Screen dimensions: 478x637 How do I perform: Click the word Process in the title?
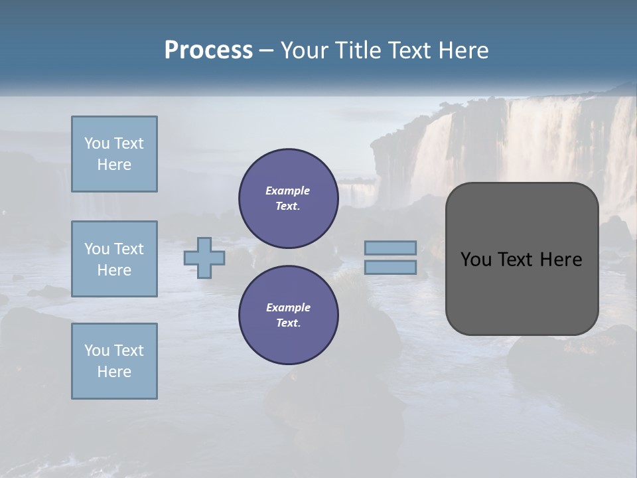[208, 50]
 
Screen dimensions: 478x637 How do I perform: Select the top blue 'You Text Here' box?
[114, 154]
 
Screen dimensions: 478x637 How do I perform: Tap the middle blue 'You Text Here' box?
[114, 259]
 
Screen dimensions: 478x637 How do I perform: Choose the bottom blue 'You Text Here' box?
[114, 361]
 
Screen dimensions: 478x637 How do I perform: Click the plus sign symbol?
[204, 258]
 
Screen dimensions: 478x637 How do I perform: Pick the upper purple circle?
[288, 199]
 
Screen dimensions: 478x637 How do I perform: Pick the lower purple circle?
[288, 315]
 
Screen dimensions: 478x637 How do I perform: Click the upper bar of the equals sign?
[391, 248]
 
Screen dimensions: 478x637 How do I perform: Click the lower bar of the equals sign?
[391, 267]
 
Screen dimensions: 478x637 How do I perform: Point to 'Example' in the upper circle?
[288, 191]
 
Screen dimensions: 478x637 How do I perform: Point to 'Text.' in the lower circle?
[288, 323]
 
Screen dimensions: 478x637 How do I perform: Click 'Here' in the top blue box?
[114, 165]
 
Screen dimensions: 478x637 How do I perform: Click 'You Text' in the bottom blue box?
[114, 350]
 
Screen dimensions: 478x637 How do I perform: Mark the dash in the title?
[267, 50]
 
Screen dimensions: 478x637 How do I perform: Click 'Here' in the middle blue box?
[114, 270]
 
